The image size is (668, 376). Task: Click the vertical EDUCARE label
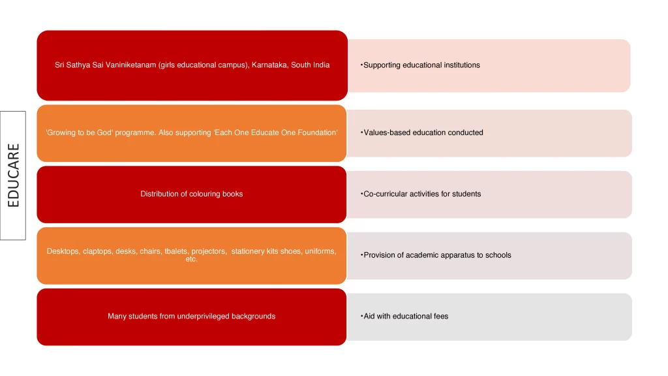pos(13,175)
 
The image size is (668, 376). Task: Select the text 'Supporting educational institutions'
pos(421,65)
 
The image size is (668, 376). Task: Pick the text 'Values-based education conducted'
pos(423,133)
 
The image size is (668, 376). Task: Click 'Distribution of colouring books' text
pos(192,194)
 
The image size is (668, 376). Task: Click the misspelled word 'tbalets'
pos(176,251)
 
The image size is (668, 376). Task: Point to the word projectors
pos(209,251)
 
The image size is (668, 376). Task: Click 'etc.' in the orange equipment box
pos(191,258)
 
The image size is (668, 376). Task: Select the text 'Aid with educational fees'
pos(406,317)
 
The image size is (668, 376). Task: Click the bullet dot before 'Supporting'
pos(361,65)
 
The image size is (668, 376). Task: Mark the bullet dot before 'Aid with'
pos(361,316)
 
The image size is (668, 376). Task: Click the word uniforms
pos(320,251)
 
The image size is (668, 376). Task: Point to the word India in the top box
pos(322,65)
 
